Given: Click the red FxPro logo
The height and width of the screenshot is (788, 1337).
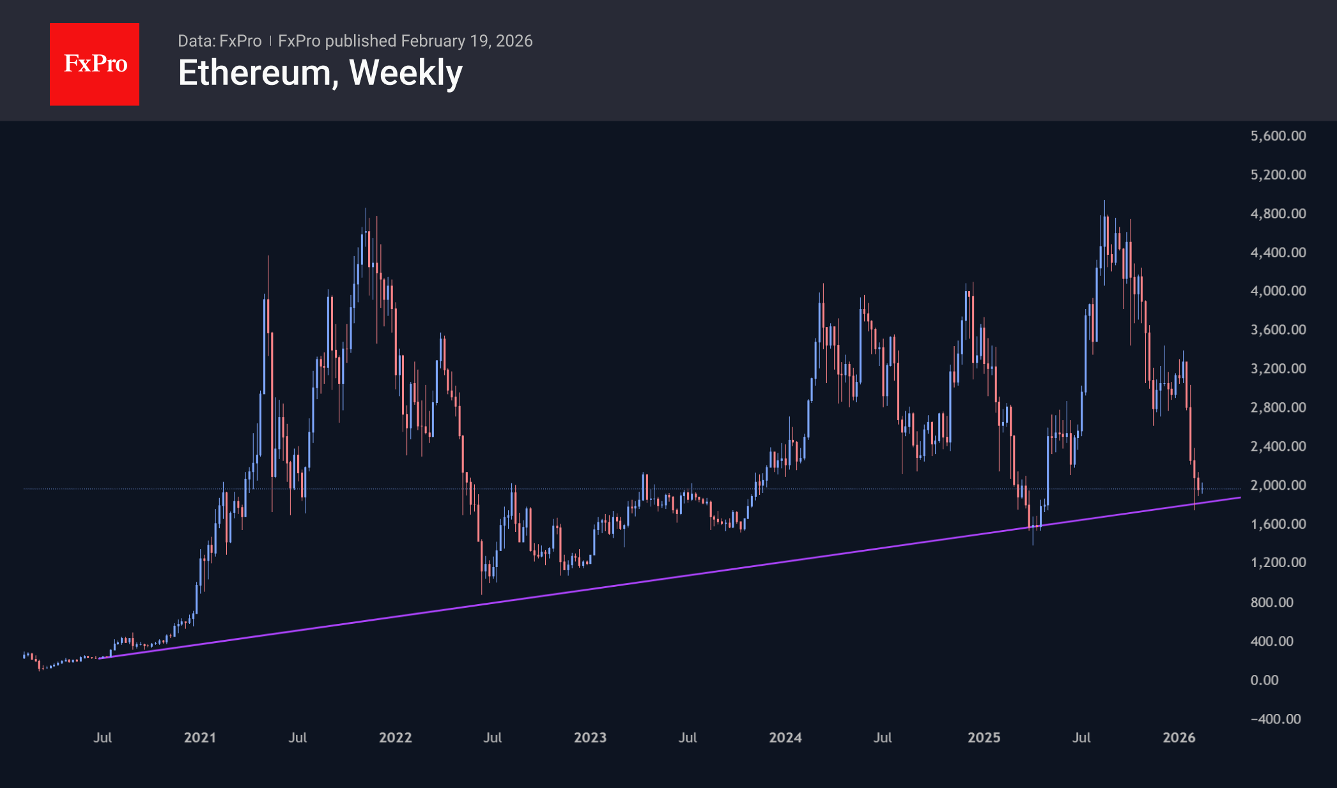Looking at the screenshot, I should coord(95,64).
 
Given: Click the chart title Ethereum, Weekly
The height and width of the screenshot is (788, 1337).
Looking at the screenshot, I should coord(320,73).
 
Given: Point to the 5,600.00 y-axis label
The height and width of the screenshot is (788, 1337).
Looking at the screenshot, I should coord(1278,135).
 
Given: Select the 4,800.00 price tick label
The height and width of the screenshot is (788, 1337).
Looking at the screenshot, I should coord(1278,213).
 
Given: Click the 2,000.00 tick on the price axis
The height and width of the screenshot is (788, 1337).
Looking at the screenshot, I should coord(1278,485).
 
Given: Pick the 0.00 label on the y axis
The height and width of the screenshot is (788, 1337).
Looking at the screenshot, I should coord(1264,680).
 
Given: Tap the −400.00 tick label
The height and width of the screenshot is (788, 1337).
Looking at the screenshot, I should coord(1275,719).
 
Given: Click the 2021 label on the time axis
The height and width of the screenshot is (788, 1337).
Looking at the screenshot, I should coord(200,738).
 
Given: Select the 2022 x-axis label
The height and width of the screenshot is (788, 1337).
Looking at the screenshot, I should coord(395,738).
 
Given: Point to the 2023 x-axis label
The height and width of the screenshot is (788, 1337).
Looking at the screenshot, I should coord(590,738).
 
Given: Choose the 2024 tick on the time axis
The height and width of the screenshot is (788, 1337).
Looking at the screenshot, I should coord(785,738).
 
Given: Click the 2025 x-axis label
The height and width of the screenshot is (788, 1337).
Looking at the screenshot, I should coord(984,738).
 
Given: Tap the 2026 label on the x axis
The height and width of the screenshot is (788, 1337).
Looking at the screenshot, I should coord(1179,738).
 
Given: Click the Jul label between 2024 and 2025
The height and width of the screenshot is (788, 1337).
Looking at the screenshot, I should coord(883,738).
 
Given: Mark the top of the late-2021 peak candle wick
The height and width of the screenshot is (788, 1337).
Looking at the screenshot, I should coord(366,208).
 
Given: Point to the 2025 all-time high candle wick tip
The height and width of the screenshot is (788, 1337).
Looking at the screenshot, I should coord(1104,201).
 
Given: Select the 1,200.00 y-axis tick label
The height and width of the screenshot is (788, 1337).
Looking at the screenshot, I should coord(1278,563).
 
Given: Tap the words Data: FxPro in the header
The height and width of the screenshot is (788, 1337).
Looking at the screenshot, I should coord(219,41).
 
